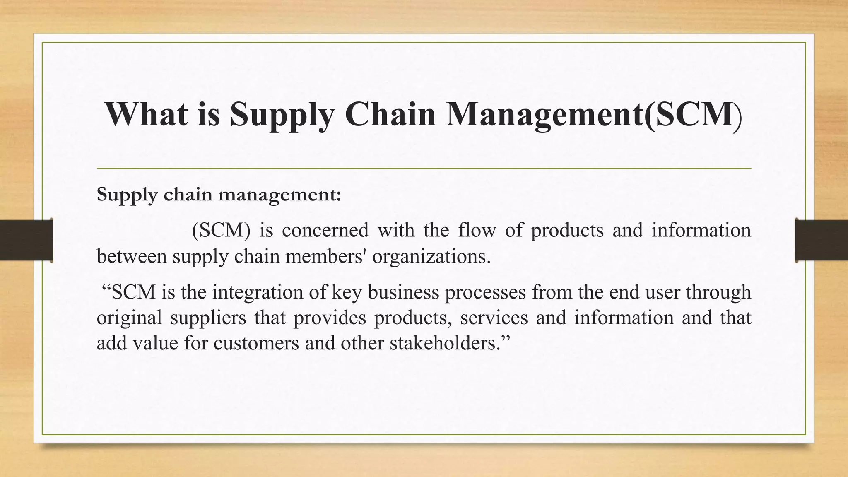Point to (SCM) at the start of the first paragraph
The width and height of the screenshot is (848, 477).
pyautogui.click(x=221, y=230)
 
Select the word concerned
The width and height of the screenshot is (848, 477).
pyautogui.click(x=325, y=230)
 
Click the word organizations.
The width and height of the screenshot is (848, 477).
pyautogui.click(x=431, y=257)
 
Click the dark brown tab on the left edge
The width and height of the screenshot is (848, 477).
pyautogui.click(x=26, y=240)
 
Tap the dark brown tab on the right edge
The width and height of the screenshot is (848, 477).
pyautogui.click(x=821, y=240)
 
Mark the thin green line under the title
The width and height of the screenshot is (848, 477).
pyautogui.click(x=424, y=169)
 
